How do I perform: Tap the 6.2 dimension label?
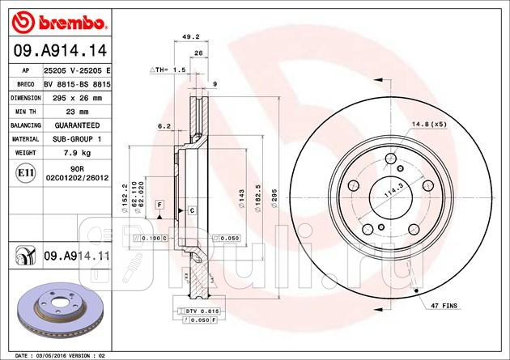pos(164,125)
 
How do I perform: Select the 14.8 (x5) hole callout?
pos(429,124)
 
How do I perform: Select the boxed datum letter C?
pos(192,210)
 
